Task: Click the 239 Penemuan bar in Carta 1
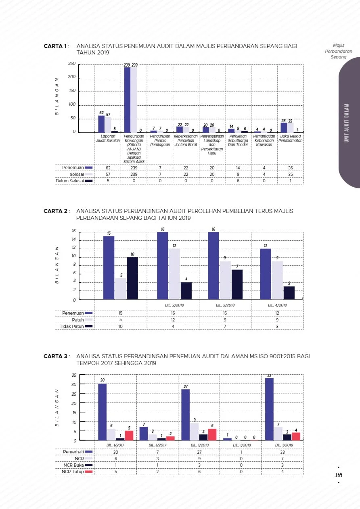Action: [127, 100]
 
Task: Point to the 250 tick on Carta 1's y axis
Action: [72, 64]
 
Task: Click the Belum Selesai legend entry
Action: [74, 181]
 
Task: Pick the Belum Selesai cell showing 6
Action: [239, 181]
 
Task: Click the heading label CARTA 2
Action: [56, 211]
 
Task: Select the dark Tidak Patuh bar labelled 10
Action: [132, 278]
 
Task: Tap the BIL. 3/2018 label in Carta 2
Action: [225, 305]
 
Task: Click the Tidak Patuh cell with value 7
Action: [225, 326]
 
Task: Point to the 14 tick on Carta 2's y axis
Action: [73, 240]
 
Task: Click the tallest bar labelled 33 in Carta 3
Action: [269, 409]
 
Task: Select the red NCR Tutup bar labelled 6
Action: [212, 434]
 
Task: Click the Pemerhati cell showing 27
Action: [199, 452]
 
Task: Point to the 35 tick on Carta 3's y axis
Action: [74, 375]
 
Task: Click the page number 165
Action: [339, 476]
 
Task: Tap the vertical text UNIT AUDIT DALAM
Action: [346, 123]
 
